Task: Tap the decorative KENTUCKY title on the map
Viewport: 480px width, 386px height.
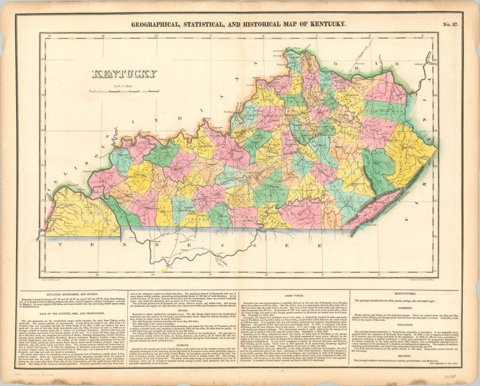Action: pyautogui.click(x=124, y=74)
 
